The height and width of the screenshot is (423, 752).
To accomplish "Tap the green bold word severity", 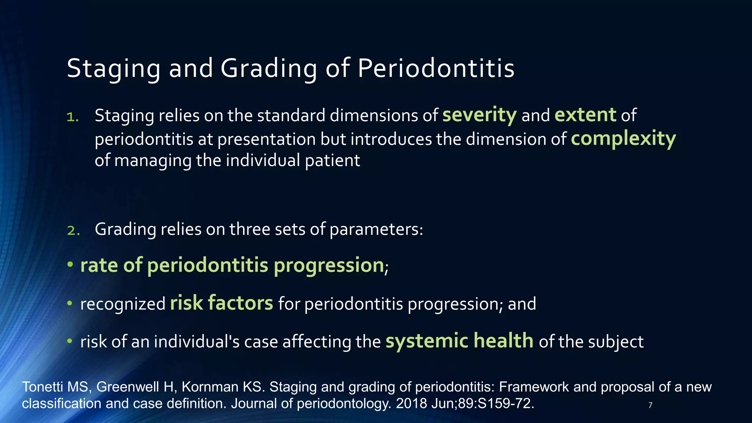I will pos(479,115).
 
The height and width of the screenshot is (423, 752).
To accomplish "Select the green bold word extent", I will pos(585,115).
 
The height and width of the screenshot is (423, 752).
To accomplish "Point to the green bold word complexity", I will pos(623,139).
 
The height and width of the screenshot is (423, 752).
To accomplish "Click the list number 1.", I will pos(72,117).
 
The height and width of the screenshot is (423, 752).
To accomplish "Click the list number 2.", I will pos(73,231).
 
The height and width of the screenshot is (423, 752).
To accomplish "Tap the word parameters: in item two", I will pos(376,229).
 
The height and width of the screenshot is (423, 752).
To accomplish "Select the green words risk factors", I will pos(221,303).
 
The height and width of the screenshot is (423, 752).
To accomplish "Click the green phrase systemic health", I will pos(459,341).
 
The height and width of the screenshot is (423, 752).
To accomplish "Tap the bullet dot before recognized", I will pos(70,303).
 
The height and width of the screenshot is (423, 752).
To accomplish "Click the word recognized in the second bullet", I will pos(123,304).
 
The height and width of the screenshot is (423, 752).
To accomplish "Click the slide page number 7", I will pos(650,405).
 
